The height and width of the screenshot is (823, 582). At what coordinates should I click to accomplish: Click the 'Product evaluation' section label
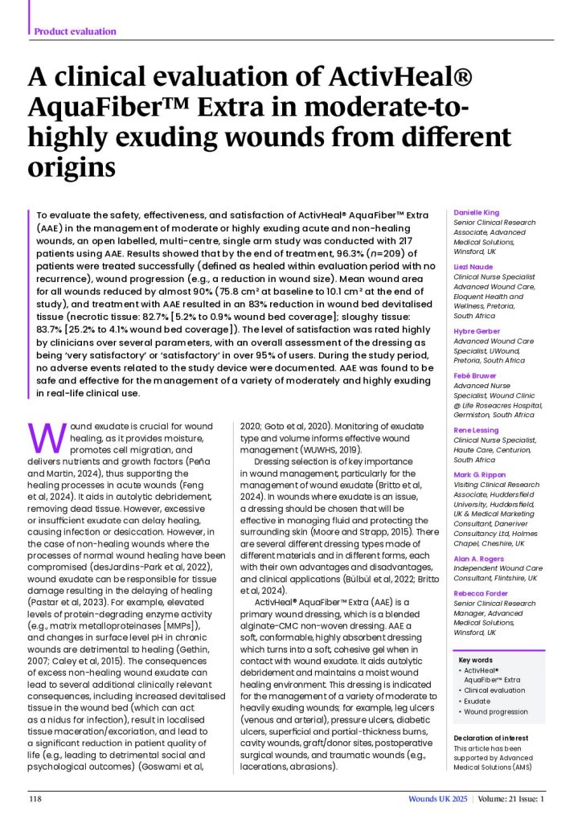(75, 31)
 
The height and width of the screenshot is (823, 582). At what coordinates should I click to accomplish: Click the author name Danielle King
(477, 213)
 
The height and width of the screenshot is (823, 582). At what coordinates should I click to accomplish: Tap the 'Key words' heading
(475, 660)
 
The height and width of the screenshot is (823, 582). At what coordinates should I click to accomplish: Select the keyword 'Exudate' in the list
(479, 701)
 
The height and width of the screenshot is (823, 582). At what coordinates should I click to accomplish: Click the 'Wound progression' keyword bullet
(496, 711)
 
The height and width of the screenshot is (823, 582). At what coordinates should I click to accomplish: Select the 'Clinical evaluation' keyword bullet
(494, 690)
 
